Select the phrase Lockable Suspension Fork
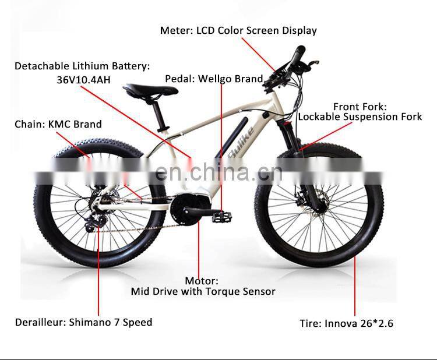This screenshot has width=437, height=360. coord(360,117)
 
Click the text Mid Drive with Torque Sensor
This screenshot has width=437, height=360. coord(203,291)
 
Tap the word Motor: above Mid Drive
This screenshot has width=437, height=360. coord(202,281)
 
